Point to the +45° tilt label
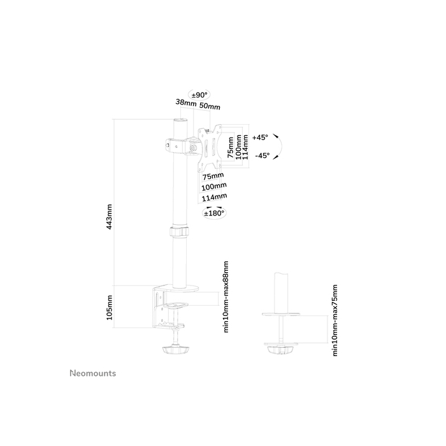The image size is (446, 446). coord(260,137)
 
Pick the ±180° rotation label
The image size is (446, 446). coord(214,214)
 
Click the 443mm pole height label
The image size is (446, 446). coord(109,217)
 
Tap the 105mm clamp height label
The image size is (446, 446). coord(109,308)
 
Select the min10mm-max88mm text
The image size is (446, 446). coord(226,296)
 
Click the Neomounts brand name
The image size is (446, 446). coord(92,374)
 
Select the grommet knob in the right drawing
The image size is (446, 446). coord(280,350)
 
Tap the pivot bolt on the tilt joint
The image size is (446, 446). coord(193,150)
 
